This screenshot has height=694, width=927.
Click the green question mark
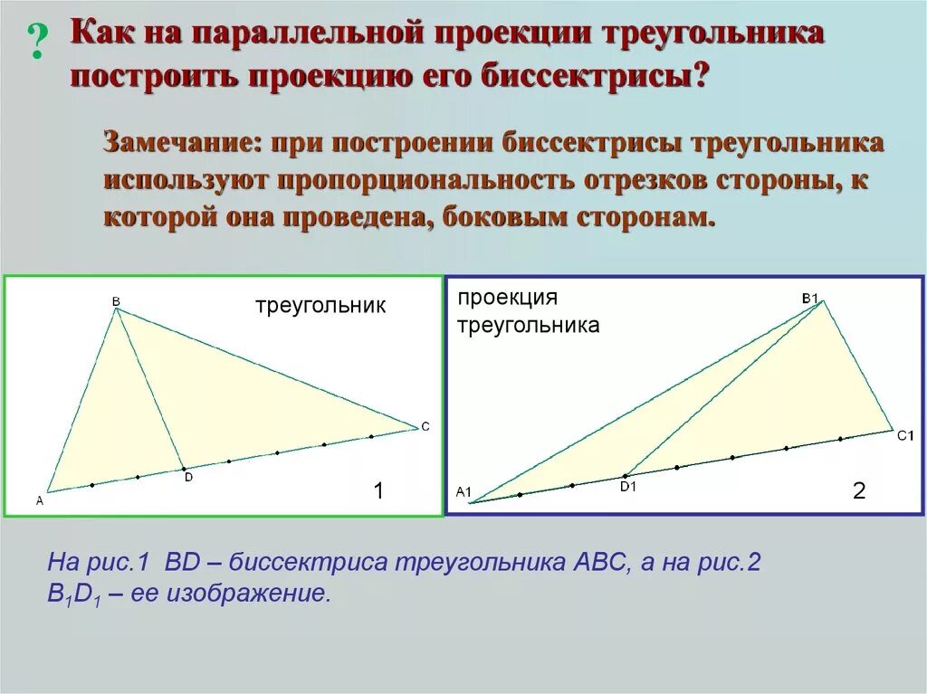click(37, 42)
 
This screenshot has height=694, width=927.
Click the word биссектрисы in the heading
click(594, 77)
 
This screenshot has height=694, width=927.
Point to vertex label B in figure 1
click(116, 301)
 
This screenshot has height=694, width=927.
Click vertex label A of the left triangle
click(40, 501)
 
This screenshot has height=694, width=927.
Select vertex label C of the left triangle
click(425, 427)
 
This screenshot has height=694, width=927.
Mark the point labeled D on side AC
click(183, 469)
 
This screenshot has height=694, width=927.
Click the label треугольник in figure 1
click(320, 306)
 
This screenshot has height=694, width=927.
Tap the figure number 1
click(379, 490)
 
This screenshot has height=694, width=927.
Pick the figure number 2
click(859, 490)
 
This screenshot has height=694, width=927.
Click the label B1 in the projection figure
click(810, 299)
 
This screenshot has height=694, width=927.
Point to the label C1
click(905, 436)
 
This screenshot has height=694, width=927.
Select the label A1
click(463, 492)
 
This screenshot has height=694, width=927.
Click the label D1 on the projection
click(628, 487)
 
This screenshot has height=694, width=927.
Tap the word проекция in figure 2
click(507, 298)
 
